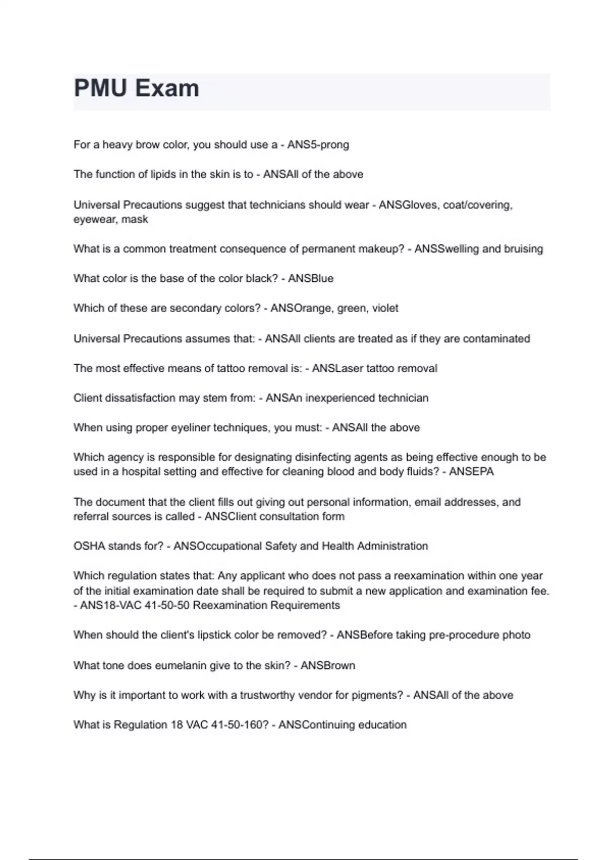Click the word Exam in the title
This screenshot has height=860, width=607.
[167, 89]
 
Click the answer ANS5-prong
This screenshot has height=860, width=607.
[318, 145]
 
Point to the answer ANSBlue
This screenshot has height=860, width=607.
[311, 279]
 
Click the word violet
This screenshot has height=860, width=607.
[385, 308]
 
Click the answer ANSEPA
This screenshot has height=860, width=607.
[471, 472]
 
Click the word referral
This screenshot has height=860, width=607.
[91, 517]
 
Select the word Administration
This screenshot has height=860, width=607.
[393, 546]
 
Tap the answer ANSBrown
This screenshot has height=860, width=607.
[328, 666]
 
